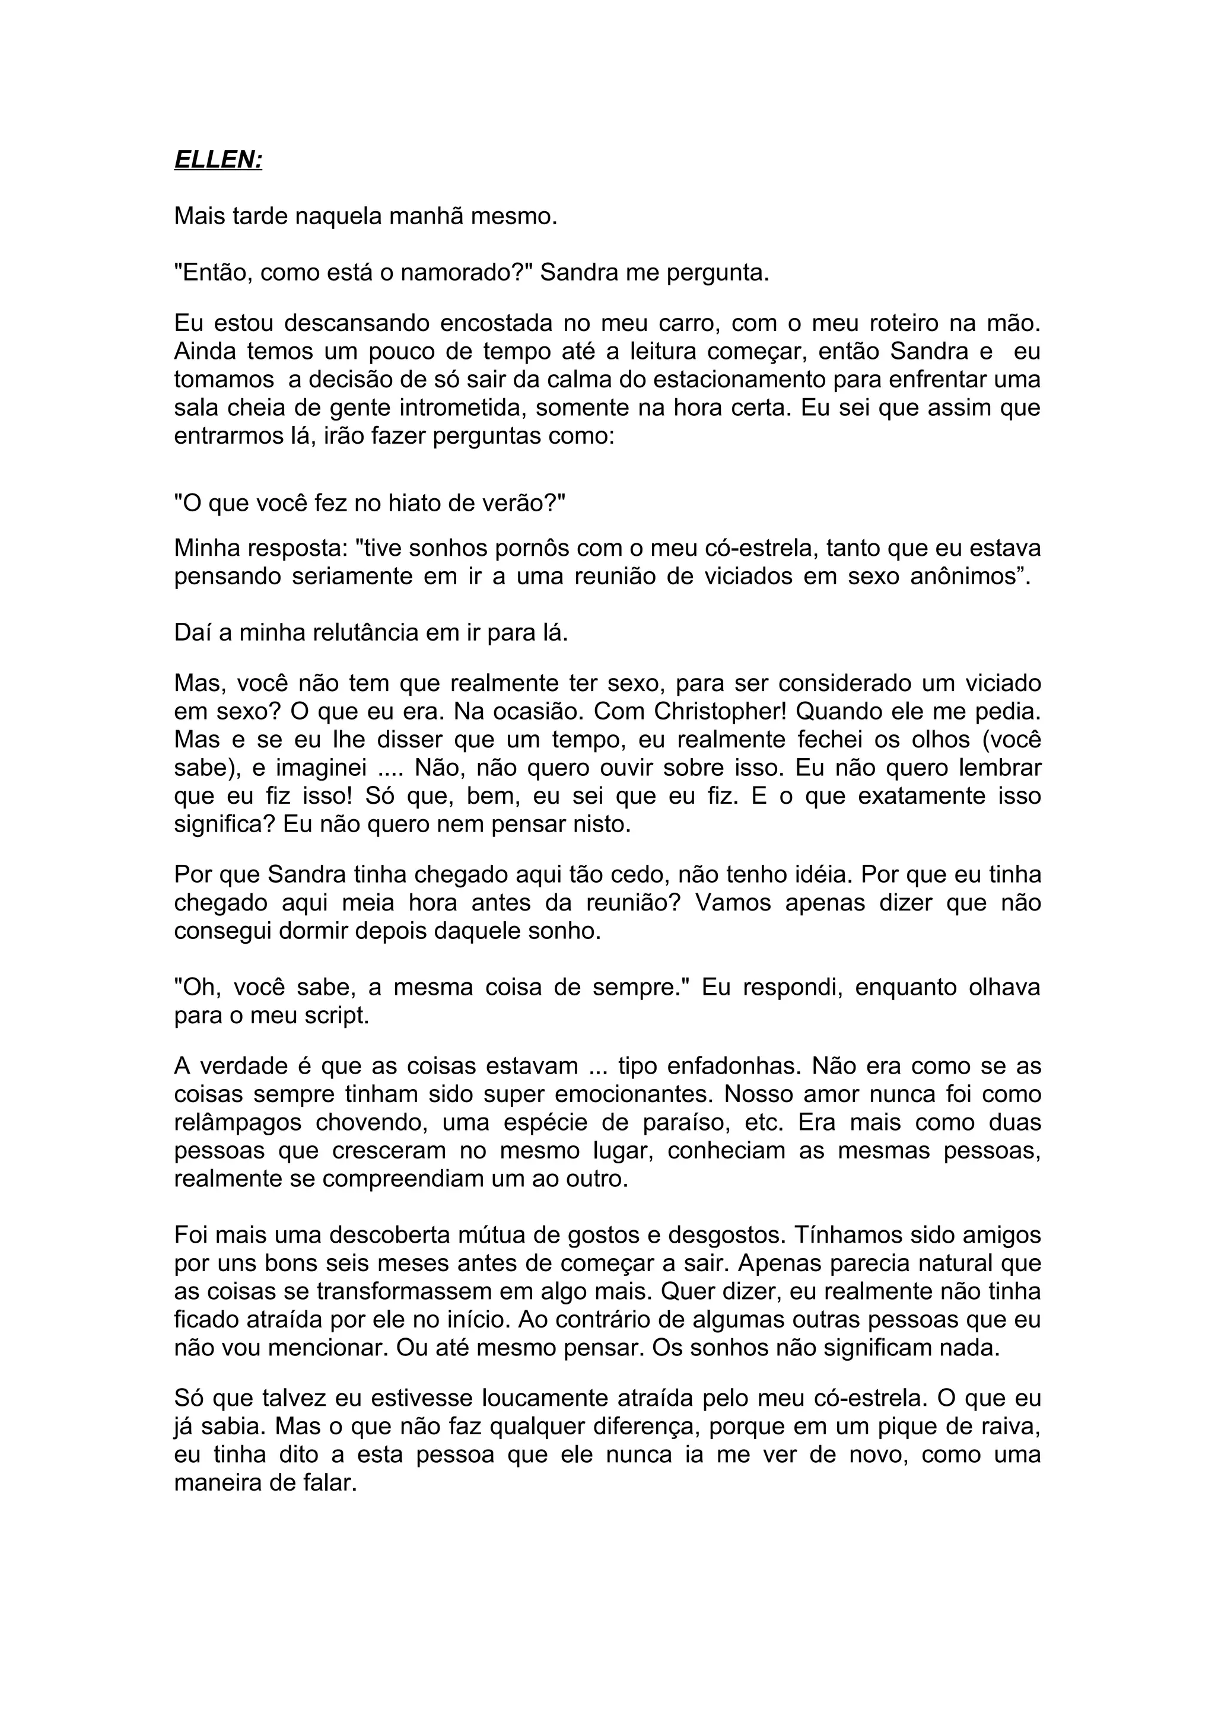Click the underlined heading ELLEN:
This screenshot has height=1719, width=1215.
point(218,160)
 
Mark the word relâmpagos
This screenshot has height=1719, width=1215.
point(238,1123)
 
